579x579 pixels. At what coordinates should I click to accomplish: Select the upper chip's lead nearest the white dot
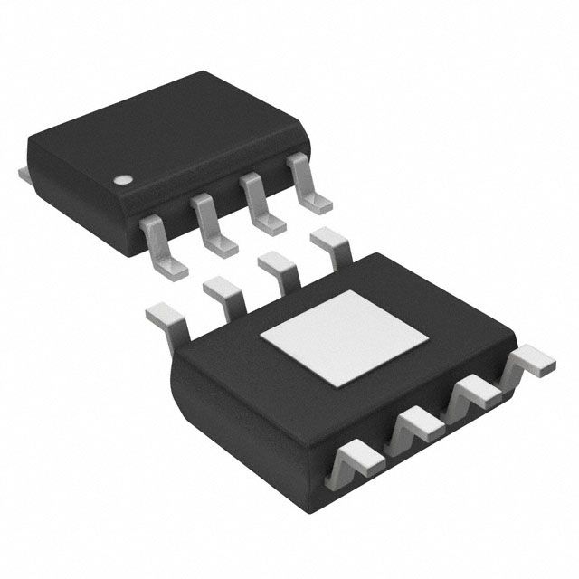point(162,243)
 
